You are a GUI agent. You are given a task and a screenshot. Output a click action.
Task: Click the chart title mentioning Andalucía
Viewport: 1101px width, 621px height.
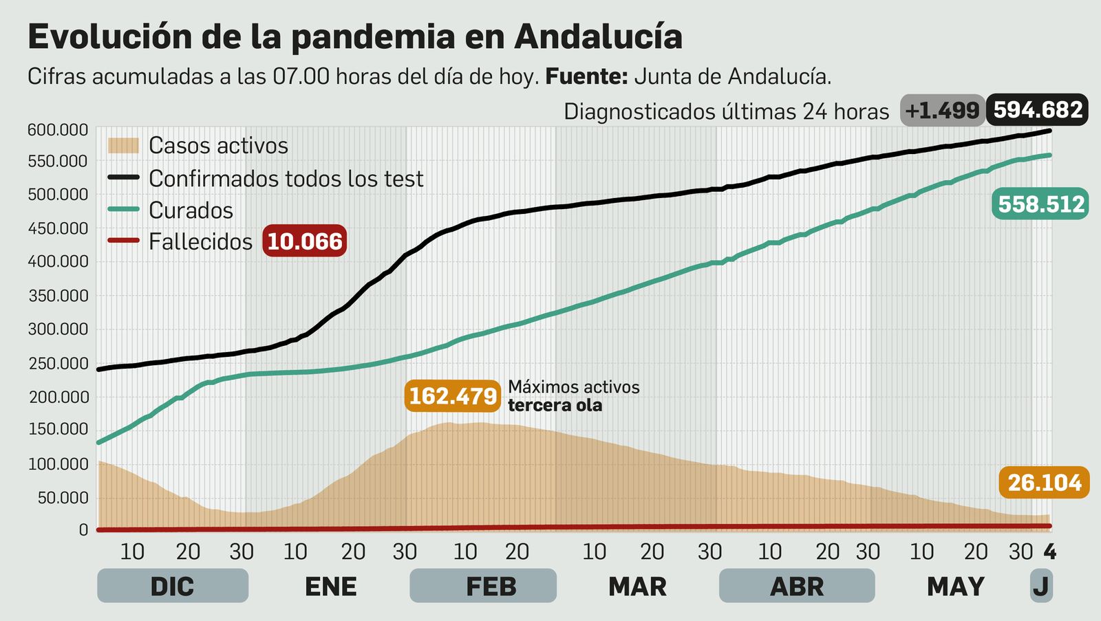pyautogui.click(x=354, y=37)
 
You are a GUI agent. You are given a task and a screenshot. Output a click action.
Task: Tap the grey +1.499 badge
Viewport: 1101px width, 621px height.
pyautogui.click(x=942, y=111)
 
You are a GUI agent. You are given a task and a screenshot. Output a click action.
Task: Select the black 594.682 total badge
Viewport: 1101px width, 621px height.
pyautogui.click(x=1038, y=110)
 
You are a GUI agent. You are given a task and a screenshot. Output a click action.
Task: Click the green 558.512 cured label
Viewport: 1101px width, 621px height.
pyautogui.click(x=1040, y=204)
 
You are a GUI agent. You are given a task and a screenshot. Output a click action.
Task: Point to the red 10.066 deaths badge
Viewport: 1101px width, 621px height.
pyautogui.click(x=304, y=241)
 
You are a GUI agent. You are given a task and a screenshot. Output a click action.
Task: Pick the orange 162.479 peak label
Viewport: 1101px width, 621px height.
pyautogui.click(x=452, y=396)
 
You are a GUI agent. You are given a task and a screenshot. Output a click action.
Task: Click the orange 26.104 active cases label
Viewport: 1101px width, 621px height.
pyautogui.click(x=1044, y=483)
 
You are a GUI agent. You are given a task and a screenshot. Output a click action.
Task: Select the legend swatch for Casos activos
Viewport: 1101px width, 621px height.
pyautogui.click(x=124, y=145)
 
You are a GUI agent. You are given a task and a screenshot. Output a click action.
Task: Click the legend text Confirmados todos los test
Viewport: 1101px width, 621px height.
pyautogui.click(x=286, y=179)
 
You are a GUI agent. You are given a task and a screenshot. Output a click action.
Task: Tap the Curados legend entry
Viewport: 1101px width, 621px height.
pyautogui.click(x=191, y=210)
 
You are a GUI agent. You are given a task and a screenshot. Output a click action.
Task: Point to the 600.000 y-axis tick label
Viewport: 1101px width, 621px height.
pyautogui.click(x=58, y=130)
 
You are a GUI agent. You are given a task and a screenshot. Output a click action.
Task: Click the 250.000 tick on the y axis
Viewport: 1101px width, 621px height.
pyautogui.click(x=58, y=363)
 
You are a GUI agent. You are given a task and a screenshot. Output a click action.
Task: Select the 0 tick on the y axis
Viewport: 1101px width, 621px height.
pyautogui.click(x=83, y=530)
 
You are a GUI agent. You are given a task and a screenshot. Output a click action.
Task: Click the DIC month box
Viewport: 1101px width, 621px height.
pyautogui.click(x=172, y=586)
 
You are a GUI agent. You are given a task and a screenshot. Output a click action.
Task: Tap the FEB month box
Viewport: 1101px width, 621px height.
pyautogui.click(x=483, y=586)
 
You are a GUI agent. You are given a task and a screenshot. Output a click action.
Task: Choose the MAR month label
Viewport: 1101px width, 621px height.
pyautogui.click(x=637, y=587)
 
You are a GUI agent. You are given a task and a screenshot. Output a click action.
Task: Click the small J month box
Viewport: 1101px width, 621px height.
pyautogui.click(x=1040, y=586)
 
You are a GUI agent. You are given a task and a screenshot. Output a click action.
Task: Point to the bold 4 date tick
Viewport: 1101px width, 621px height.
pyautogui.click(x=1049, y=552)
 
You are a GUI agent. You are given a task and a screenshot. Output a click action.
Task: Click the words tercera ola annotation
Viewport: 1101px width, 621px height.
pyautogui.click(x=555, y=405)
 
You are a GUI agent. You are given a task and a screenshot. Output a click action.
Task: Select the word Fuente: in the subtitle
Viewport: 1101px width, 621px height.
pyautogui.click(x=586, y=76)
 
